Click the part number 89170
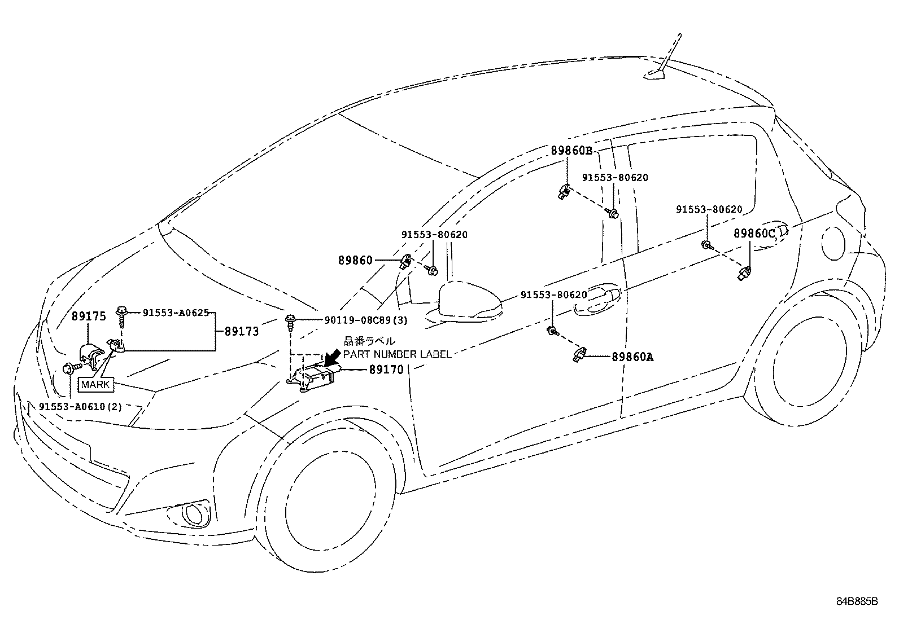[x=386, y=370]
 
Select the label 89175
[x=89, y=316]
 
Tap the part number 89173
[x=241, y=331]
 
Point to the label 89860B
[x=571, y=151]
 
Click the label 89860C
[x=754, y=234]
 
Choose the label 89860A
[x=632, y=357]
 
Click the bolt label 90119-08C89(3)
[x=365, y=320]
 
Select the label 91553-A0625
[x=176, y=312]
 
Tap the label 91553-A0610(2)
[x=80, y=407]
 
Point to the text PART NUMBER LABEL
[x=398, y=354]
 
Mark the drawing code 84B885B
[x=857, y=601]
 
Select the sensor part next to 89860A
[x=579, y=353]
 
